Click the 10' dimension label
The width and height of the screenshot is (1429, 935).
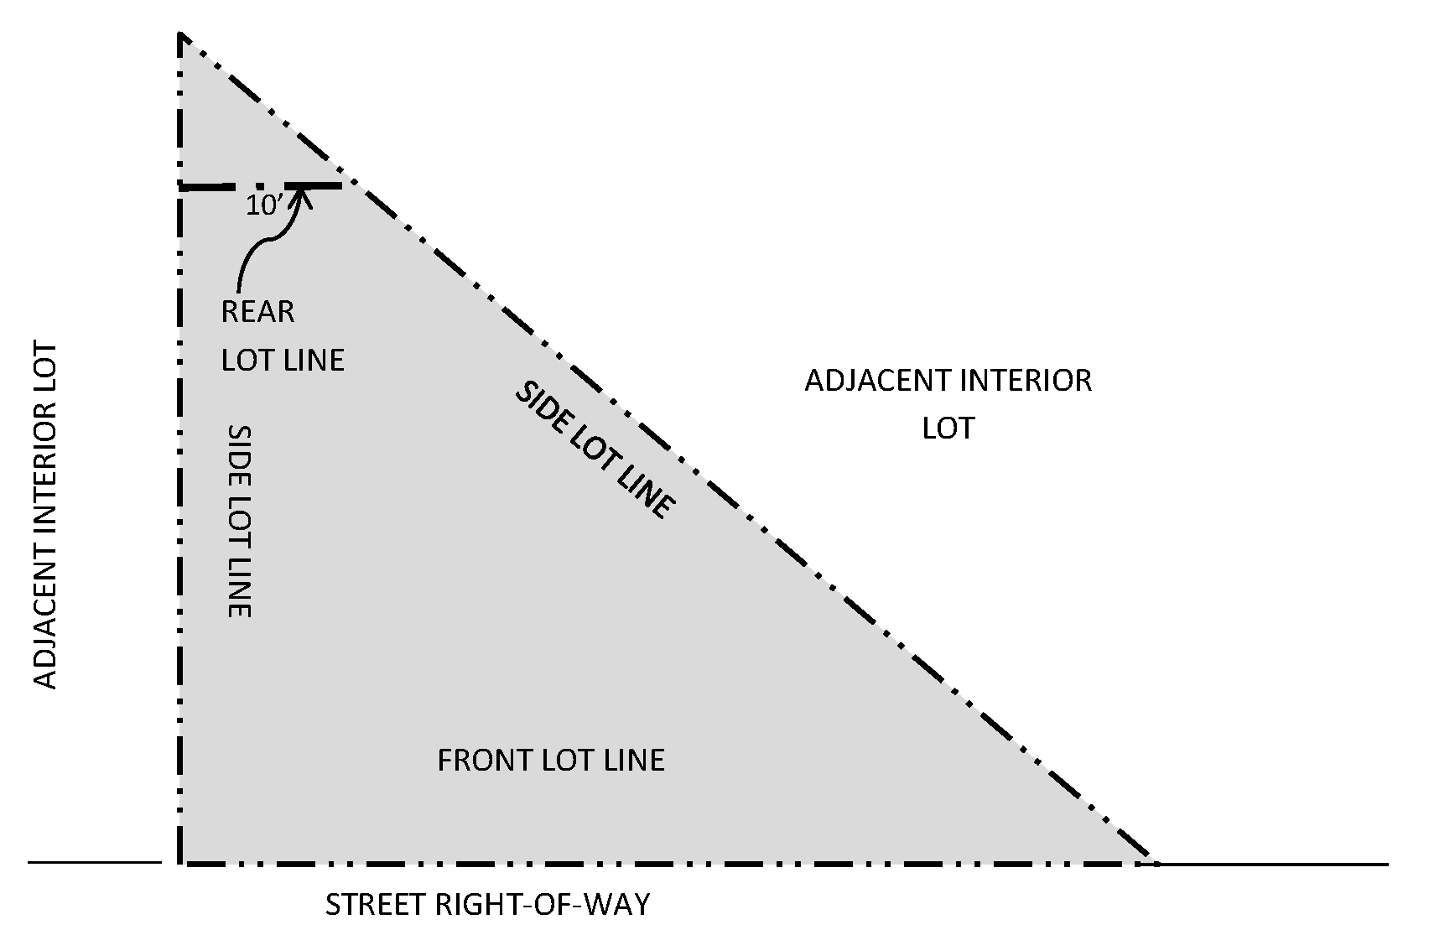click(x=262, y=206)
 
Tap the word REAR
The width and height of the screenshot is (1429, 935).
click(x=257, y=312)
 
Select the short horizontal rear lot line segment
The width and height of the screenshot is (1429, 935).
click(x=261, y=185)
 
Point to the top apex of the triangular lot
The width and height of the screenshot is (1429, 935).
click(x=181, y=35)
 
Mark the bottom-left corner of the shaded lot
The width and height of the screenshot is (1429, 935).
click(x=181, y=862)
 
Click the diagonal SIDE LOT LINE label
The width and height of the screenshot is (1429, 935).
click(x=594, y=450)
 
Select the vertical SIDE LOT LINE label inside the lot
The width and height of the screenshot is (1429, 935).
click(x=240, y=521)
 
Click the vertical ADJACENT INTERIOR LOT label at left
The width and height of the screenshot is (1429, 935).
click(x=45, y=516)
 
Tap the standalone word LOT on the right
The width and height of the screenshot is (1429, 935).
click(x=948, y=429)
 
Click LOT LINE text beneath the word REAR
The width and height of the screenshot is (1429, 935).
click(x=283, y=361)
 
